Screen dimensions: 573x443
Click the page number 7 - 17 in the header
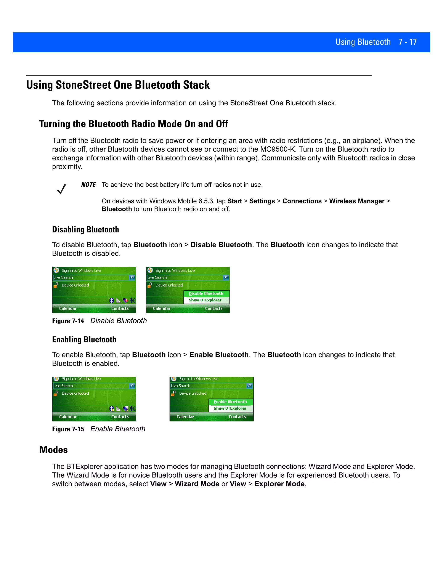click(x=407, y=42)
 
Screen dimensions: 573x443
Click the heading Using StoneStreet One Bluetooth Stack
click(x=118, y=85)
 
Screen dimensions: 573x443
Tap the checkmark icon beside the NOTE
click(x=61, y=189)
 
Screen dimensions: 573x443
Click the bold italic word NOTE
click(x=88, y=185)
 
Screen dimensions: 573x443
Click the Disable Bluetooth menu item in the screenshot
click(x=206, y=293)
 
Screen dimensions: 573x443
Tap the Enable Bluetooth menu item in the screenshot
click(x=230, y=402)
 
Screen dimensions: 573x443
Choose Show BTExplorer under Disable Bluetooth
click(x=205, y=300)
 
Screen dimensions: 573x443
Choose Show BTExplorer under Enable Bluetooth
click(x=230, y=408)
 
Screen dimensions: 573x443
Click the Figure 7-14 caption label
click(x=68, y=321)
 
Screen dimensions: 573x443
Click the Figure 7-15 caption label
click(x=68, y=429)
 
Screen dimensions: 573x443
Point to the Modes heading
click(x=54, y=450)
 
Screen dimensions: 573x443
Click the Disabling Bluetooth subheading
click(x=86, y=230)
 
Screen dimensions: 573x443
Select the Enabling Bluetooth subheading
click(x=84, y=339)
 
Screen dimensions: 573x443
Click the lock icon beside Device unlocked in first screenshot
click(x=56, y=285)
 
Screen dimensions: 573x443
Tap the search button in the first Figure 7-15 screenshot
click(x=132, y=386)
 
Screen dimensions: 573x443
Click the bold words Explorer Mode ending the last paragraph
click(x=279, y=484)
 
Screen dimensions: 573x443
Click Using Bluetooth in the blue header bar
click(x=363, y=42)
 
